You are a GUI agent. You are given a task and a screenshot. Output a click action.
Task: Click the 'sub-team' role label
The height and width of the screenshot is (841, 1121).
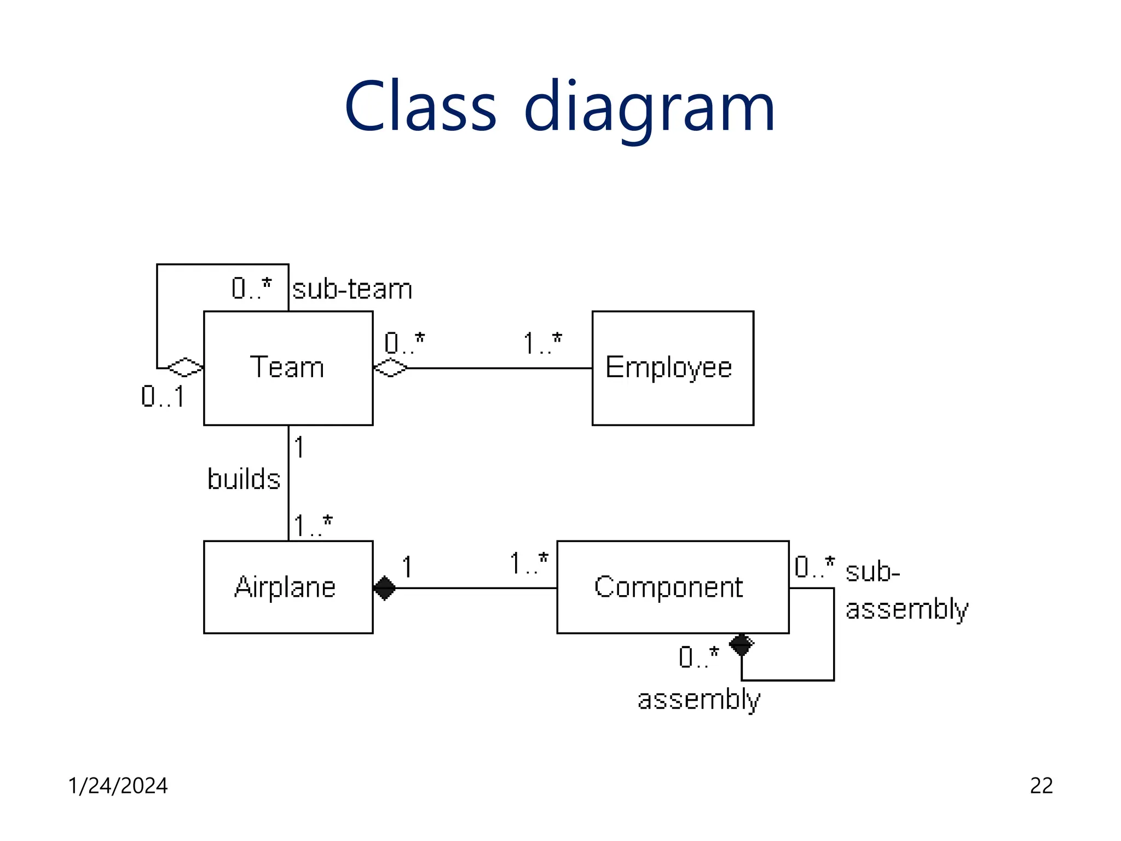click(352, 289)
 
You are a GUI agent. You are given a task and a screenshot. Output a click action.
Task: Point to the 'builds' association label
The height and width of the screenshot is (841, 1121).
click(244, 479)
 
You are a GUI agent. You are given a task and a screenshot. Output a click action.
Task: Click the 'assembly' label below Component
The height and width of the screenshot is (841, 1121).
click(698, 700)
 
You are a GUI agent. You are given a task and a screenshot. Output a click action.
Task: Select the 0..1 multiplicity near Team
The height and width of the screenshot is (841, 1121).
click(163, 396)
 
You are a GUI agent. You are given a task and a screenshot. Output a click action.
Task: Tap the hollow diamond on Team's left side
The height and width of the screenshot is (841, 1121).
click(185, 367)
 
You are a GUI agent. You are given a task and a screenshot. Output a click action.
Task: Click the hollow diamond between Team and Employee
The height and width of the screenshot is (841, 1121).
click(390, 367)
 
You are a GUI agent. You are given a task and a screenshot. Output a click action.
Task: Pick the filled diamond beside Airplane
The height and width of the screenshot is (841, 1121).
click(384, 588)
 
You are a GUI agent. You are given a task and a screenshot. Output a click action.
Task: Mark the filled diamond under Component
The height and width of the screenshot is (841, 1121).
click(741, 644)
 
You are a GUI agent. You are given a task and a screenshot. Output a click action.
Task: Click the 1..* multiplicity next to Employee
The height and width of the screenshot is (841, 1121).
click(542, 344)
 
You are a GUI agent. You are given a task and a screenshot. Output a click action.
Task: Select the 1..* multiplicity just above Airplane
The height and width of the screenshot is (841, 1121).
click(313, 526)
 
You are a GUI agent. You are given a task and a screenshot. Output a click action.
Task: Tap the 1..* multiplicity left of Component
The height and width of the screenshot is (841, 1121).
click(528, 564)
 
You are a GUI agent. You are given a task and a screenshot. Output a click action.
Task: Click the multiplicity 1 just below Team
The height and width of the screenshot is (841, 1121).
click(299, 447)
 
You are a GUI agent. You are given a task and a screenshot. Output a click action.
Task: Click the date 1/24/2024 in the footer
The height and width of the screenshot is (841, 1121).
click(118, 786)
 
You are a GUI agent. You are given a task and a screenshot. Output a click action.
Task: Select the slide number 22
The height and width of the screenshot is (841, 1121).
click(1041, 786)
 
